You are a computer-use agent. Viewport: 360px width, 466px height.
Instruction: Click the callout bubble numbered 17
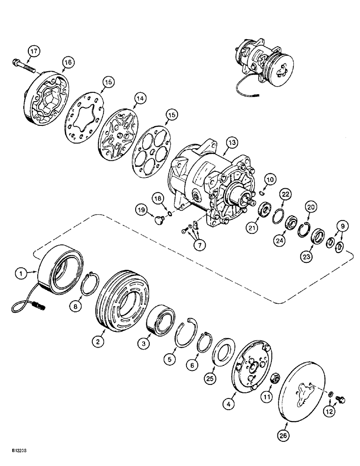pyautogui.click(x=32, y=50)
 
